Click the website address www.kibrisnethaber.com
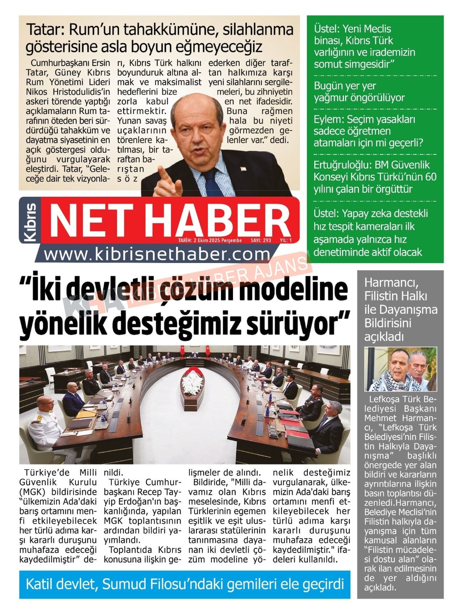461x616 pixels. [157, 255]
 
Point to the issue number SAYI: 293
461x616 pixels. [261, 240]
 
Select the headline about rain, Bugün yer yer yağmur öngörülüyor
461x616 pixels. [359, 92]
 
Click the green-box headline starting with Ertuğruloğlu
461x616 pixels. [375, 177]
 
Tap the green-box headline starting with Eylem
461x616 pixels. [368, 131]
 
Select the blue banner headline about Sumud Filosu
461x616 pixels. [184, 584]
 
